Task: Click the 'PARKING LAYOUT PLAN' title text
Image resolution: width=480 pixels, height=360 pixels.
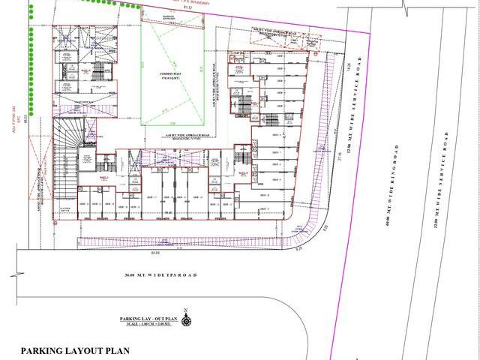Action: tap(76, 350)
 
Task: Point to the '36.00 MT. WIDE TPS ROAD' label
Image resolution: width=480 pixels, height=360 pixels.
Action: tap(160, 276)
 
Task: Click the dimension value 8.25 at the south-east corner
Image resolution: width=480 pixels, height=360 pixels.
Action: tap(325, 223)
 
